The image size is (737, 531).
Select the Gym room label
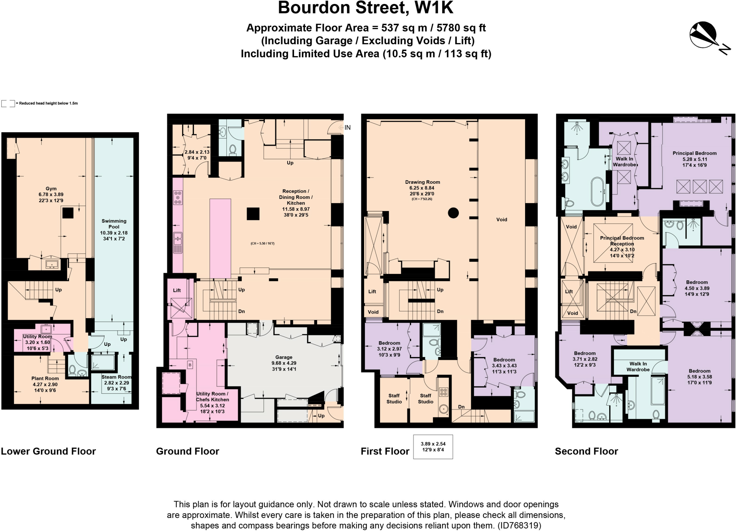coord(51,194)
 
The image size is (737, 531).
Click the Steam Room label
coord(116,383)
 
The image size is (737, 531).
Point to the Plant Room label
coord(45,384)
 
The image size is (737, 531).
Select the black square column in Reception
coord(253,214)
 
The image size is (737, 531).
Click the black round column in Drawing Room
coord(453,213)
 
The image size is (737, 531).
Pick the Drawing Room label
coord(422,188)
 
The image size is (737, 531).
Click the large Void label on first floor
coord(501,219)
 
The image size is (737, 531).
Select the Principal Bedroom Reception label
coord(622,246)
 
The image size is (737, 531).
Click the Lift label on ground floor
coord(177,290)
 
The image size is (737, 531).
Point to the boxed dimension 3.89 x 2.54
coord(433,447)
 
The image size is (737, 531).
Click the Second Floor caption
coord(586,451)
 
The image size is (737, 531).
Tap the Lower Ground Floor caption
coord(48,451)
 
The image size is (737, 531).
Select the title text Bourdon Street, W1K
coord(366,8)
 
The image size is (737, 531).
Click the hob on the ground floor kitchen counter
coord(178,197)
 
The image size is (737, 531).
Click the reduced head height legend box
coord(8,104)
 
